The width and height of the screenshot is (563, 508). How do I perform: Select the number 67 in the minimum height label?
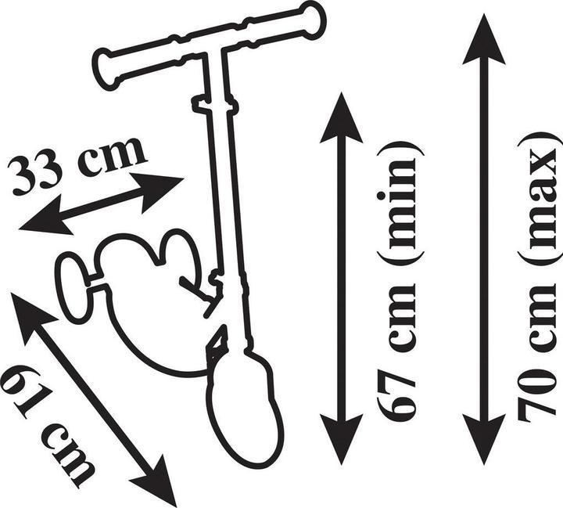point(396,393)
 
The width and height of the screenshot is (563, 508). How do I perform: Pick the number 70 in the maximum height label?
point(540,392)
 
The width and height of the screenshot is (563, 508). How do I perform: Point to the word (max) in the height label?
point(541,200)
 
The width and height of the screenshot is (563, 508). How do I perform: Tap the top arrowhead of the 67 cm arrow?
point(341,118)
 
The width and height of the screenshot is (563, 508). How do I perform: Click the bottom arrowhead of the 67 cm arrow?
point(341,439)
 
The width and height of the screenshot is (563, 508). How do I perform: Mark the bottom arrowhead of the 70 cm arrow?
point(484,439)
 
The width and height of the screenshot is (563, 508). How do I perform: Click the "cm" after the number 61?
point(69,455)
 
